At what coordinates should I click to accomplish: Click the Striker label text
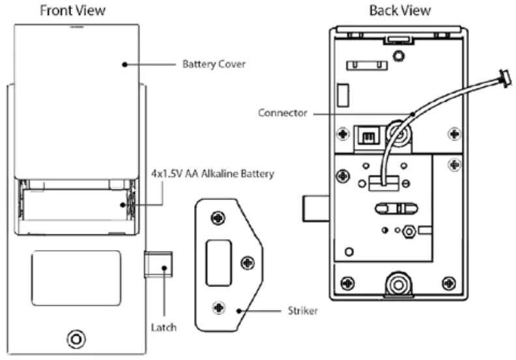[302, 311]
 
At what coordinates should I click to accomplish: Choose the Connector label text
[282, 113]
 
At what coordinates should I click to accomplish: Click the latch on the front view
[158, 266]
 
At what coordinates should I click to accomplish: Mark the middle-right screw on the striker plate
[246, 262]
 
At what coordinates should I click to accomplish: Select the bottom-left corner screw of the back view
[348, 284]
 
